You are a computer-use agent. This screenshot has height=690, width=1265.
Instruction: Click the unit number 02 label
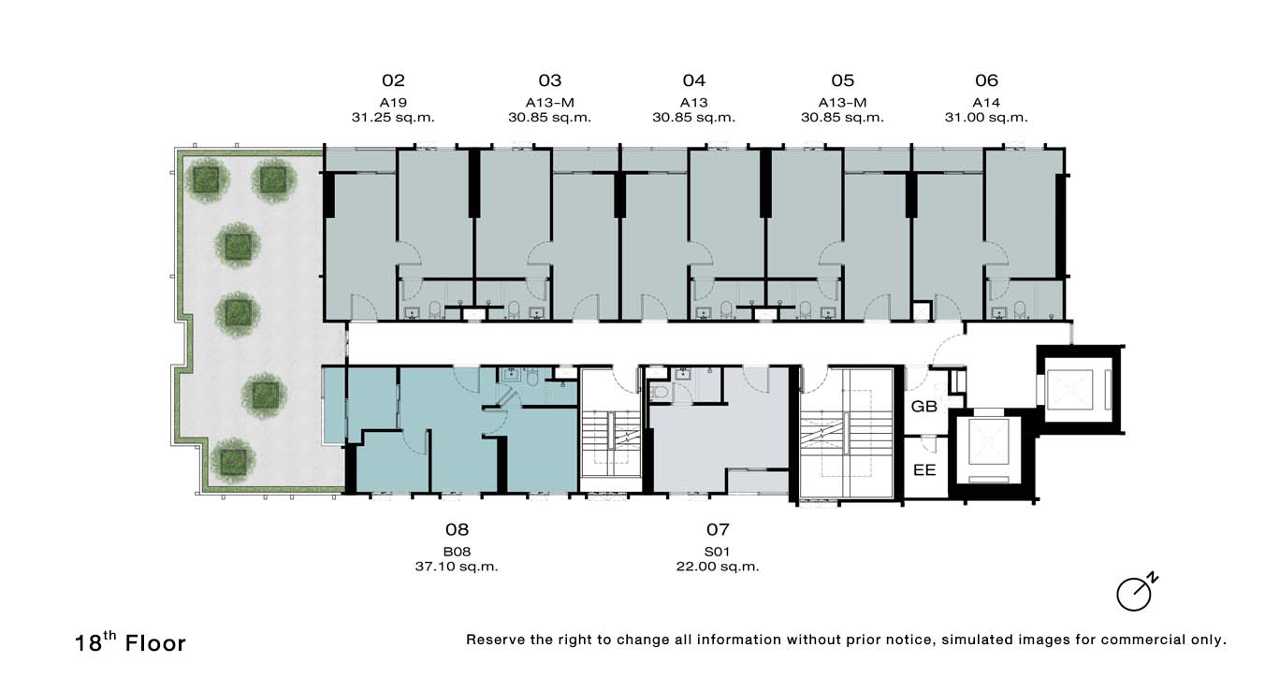click(393, 80)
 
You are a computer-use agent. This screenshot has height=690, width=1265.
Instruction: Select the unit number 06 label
click(986, 80)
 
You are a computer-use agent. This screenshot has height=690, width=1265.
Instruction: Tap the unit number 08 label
click(457, 530)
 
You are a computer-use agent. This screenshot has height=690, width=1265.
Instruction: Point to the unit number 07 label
click(718, 530)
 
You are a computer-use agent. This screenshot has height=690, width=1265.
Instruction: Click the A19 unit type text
click(393, 103)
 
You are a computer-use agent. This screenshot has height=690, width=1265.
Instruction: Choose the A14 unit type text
click(986, 103)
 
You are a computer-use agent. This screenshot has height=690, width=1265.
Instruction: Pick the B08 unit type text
click(457, 552)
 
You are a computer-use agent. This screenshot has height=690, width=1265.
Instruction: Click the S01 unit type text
click(718, 552)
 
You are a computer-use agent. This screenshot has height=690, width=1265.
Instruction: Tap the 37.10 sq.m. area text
click(457, 567)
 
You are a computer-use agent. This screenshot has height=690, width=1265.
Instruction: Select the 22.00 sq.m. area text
click(718, 567)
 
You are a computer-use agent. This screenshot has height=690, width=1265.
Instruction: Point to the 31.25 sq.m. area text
click(393, 118)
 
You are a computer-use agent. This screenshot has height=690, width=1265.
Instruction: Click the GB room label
click(924, 406)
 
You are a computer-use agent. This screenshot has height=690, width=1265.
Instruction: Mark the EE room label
click(924, 470)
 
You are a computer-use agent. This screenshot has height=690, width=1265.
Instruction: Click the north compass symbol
click(1137, 593)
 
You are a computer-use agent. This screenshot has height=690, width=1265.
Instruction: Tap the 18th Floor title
click(130, 642)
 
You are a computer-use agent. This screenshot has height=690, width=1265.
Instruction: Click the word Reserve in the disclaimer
click(495, 640)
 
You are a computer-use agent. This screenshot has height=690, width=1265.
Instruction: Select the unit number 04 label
click(694, 80)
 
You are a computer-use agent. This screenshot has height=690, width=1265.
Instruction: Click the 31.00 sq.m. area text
click(986, 118)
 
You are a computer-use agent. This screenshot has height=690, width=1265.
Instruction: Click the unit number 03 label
click(550, 80)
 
